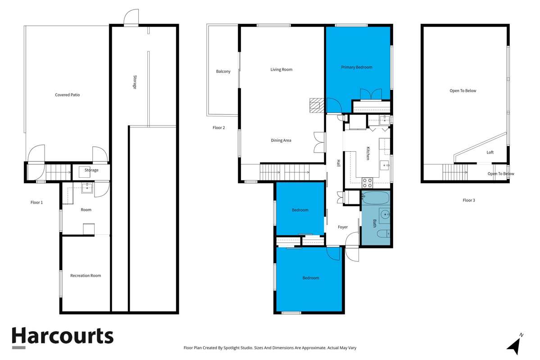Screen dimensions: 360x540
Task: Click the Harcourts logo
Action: point(62,337)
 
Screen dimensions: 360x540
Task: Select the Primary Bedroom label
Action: point(356,67)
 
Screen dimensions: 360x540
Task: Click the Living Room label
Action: point(281,70)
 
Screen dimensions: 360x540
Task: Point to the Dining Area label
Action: point(281,140)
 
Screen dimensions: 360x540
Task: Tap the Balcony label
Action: point(223,72)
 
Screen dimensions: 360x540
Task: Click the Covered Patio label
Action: point(67,95)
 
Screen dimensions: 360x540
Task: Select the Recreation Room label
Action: point(86,275)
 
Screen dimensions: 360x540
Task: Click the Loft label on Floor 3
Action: point(490,153)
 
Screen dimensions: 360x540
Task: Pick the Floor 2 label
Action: point(218,128)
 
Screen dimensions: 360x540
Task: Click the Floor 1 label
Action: point(36,202)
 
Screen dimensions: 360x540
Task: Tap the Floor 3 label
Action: point(468,200)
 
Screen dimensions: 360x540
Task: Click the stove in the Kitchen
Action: point(368,182)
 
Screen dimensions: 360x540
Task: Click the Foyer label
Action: point(343,227)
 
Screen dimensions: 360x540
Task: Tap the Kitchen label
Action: point(368,153)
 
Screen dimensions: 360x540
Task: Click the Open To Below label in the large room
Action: point(463,91)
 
